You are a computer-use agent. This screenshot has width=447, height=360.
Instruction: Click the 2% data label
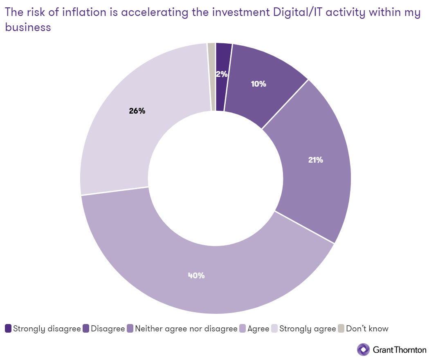point(222,74)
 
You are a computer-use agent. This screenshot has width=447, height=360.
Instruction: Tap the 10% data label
point(258,84)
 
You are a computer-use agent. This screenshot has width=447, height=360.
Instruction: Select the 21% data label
point(316,160)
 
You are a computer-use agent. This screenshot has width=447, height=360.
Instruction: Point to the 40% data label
point(196,275)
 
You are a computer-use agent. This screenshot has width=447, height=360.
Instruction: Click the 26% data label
point(137,111)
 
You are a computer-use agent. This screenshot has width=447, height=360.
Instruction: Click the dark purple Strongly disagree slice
point(220,94)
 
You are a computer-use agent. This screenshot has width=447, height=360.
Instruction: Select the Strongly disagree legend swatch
point(8,329)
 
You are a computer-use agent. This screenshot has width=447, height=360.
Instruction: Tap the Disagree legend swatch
point(86,329)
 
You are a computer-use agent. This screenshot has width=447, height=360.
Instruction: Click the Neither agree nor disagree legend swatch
point(130,329)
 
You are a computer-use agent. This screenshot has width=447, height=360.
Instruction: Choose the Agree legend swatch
point(243,329)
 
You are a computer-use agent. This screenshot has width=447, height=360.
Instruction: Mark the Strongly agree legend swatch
point(274,329)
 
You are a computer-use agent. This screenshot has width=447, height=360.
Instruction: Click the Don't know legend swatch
point(341,329)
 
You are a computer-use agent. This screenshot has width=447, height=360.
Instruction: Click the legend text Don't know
point(367,329)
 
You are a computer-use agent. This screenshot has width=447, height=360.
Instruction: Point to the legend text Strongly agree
point(308,329)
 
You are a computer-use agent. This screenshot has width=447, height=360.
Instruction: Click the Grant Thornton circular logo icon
point(363,350)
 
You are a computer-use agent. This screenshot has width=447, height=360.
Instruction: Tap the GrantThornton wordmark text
point(400,350)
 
